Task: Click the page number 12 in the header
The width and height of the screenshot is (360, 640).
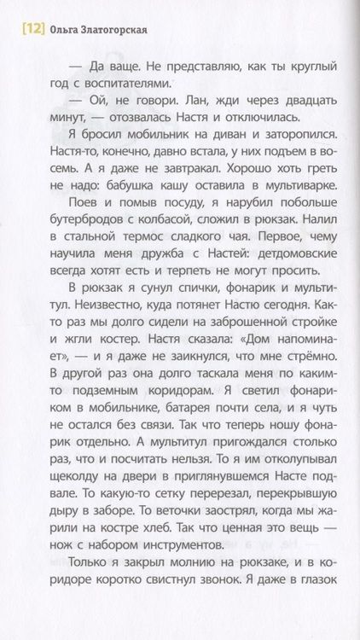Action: coord(25,32)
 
